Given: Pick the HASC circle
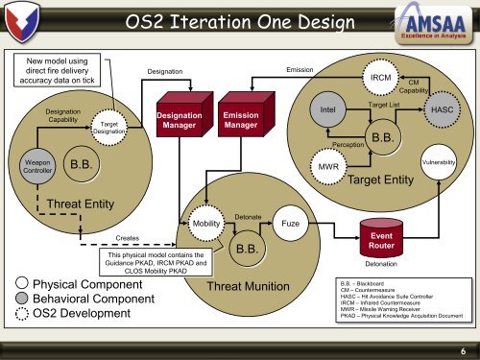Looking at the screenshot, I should coord(444,110).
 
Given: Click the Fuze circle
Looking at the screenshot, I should coord(289,223).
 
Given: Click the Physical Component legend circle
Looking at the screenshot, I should coord(20,285).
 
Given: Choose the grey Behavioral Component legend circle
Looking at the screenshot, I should coord(20,300).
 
